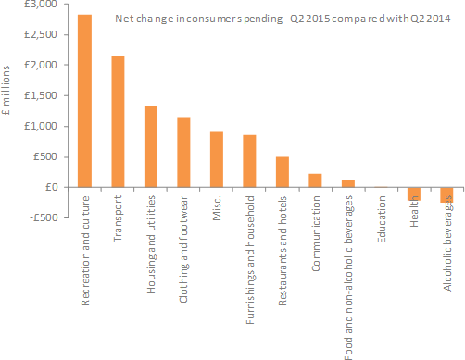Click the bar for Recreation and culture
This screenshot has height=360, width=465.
pos(84,101)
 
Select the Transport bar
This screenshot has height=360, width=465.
pos(117,121)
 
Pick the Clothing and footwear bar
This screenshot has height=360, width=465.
pos(183,152)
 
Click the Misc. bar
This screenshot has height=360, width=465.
pos(216,159)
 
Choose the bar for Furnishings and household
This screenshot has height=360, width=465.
pos(249,161)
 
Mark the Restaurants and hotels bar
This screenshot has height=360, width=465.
pos(282,172)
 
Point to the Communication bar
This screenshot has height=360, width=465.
pos(315,180)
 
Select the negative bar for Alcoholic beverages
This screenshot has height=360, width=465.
pos(446,194)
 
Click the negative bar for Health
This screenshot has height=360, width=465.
pos(414,192)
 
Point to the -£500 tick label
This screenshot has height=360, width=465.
pos(42,217)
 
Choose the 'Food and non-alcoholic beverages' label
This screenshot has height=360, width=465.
pos(348,278)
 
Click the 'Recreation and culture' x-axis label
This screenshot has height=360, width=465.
pos(84,254)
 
